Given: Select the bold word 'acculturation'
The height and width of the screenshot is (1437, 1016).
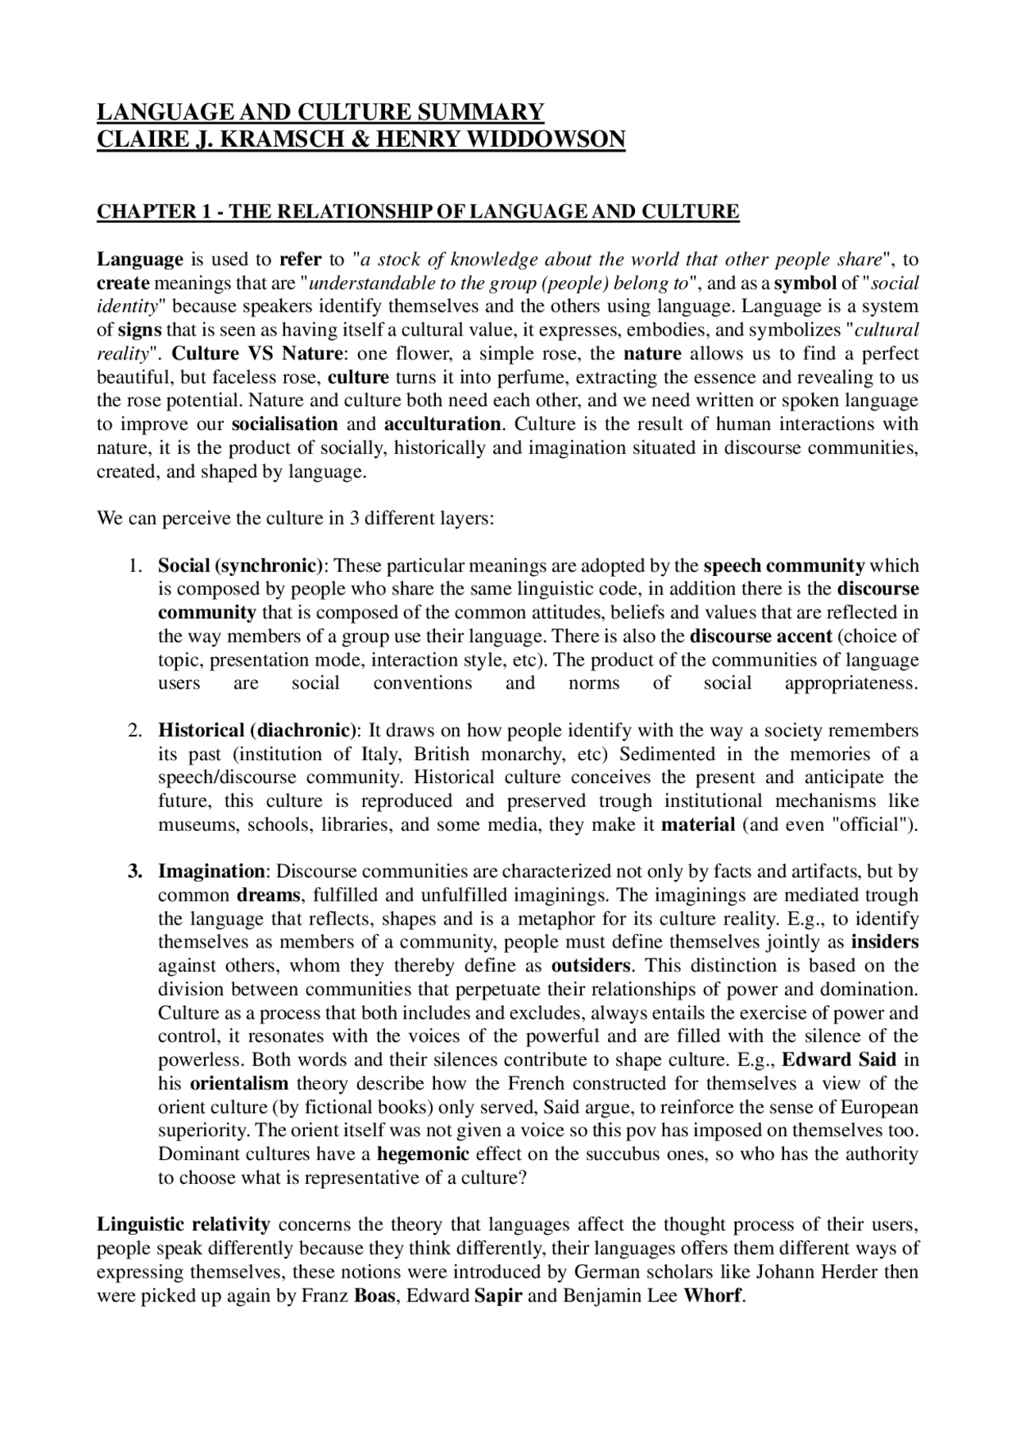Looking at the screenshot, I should click(443, 424).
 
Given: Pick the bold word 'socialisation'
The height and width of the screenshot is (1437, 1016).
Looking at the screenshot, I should click(285, 424).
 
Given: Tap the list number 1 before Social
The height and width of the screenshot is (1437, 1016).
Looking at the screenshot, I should click(135, 566).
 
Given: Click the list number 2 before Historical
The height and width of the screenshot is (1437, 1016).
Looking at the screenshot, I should click(135, 730).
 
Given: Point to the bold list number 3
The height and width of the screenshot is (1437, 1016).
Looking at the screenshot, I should click(135, 871).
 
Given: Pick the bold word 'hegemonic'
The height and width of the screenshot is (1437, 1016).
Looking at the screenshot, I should click(423, 1154).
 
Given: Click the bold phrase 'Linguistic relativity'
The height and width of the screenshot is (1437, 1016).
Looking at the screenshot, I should click(183, 1224).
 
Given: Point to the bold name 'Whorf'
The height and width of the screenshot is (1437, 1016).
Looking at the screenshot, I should click(712, 1295).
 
